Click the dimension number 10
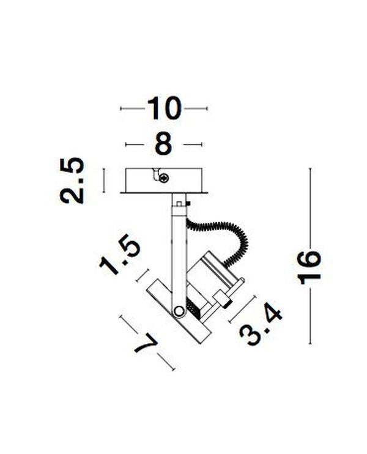tap(164, 108)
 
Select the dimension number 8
tap(163, 144)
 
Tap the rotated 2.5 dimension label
tap(72, 180)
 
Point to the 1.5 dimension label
tap(120, 254)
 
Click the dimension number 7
tap(146, 343)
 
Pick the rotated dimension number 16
tap(309, 268)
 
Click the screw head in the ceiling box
tap(165, 178)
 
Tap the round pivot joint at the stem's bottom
tap(178, 311)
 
